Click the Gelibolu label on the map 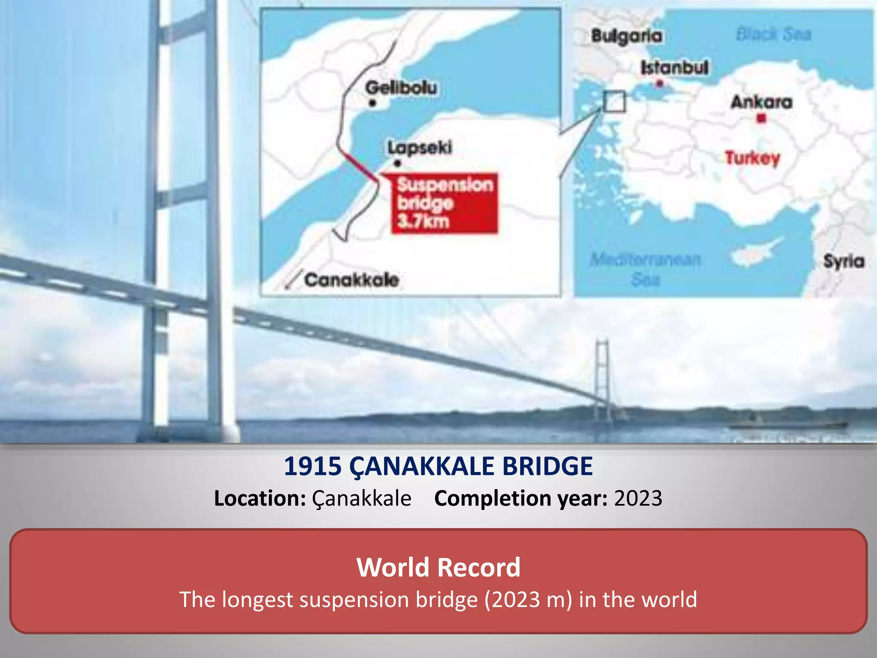[401, 88]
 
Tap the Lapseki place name [420, 148]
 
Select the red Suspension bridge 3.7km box [444, 203]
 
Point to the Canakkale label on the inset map [352, 280]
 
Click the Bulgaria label [626, 36]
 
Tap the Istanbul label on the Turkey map [674, 68]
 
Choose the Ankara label [761, 102]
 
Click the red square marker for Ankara [761, 118]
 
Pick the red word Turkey [752, 158]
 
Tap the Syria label [844, 261]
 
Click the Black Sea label [773, 34]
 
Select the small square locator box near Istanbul [614, 102]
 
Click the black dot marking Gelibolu [373, 103]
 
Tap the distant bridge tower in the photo [602, 373]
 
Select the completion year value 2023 [638, 499]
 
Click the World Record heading [438, 567]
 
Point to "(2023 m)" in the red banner [528, 599]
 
